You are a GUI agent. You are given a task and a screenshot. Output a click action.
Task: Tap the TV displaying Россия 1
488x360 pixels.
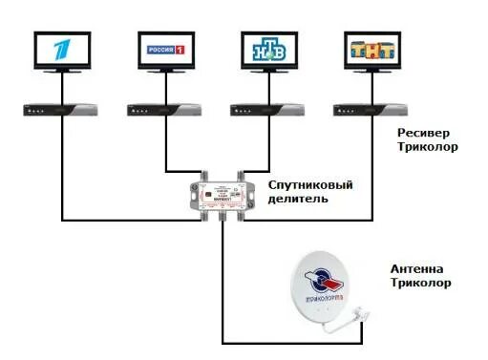pyautogui.click(x=167, y=53)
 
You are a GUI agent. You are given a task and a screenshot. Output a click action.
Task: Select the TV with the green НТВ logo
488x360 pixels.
pyautogui.click(x=270, y=53)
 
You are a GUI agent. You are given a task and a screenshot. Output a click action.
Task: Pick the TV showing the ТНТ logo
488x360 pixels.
pyautogui.click(x=372, y=53)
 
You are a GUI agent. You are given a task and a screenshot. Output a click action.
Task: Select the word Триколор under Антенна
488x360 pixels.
pyautogui.click(x=421, y=284)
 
